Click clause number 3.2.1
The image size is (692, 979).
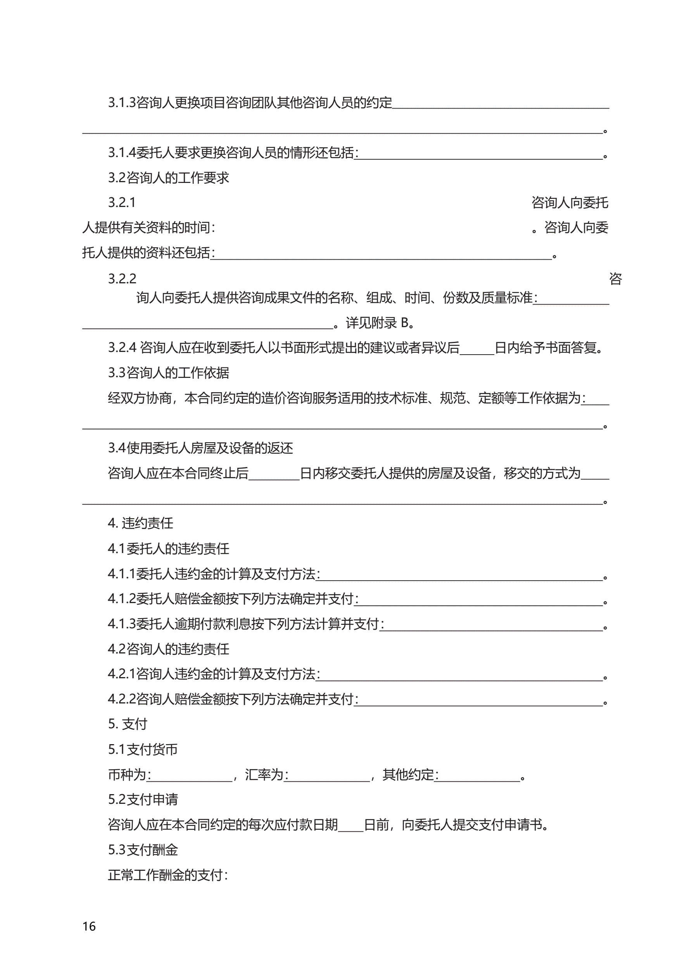click(x=122, y=203)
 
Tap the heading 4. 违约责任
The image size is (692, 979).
click(x=140, y=523)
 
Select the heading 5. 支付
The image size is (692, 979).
click(x=128, y=724)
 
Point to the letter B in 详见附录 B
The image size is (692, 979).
click(x=404, y=323)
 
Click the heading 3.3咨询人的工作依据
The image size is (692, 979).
click(x=169, y=373)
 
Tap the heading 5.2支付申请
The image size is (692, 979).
click(x=143, y=800)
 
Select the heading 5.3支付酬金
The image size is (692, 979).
click(x=143, y=850)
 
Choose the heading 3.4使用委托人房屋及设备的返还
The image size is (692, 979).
click(x=200, y=448)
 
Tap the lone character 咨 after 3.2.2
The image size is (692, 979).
click(x=615, y=279)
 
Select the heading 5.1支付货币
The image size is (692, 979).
click(x=143, y=749)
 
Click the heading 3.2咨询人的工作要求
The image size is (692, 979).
click(x=169, y=178)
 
